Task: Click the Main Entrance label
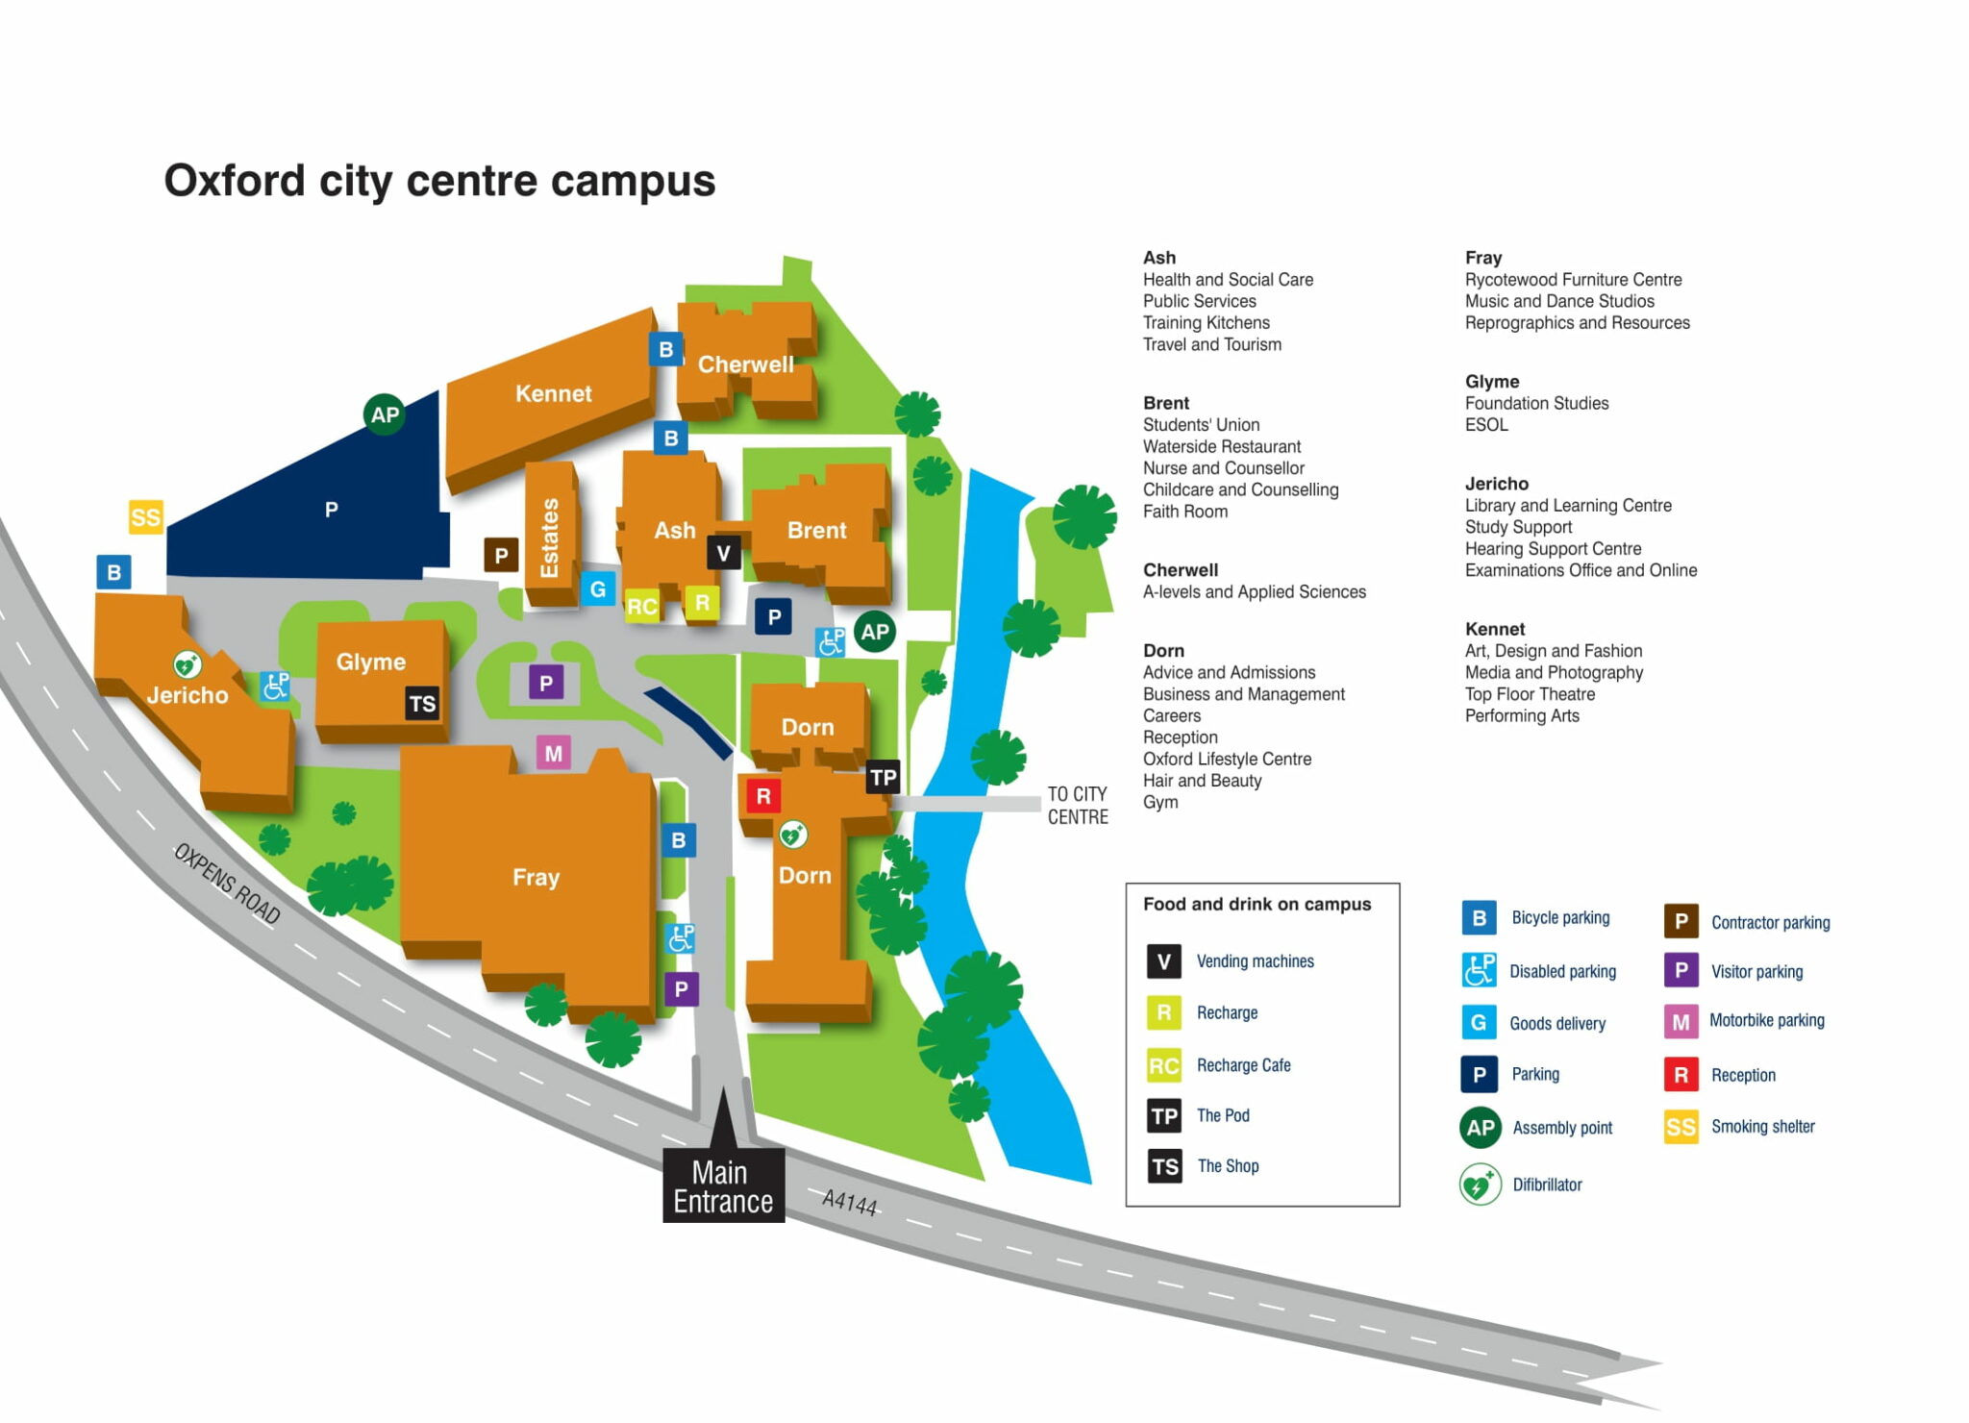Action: (723, 1186)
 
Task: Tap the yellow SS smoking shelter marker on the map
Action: (146, 517)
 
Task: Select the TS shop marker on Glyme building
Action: (422, 703)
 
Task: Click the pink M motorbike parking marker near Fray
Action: (553, 753)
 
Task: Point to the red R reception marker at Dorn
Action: (763, 796)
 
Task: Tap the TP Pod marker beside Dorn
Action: (883, 777)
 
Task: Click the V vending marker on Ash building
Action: (723, 553)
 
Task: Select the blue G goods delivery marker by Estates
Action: (597, 588)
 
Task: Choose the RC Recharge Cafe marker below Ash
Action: (641, 606)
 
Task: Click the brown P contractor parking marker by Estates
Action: (501, 555)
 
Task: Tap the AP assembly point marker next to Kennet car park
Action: (385, 414)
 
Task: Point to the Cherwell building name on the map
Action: (745, 364)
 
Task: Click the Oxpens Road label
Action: (227, 883)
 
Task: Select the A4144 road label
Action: (849, 1202)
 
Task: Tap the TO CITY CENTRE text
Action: (1077, 805)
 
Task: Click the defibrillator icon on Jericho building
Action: (187, 663)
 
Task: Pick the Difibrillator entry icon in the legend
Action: (1480, 1185)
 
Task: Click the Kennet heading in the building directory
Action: (1494, 629)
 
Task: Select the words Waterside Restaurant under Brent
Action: (1221, 446)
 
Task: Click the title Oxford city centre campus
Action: (439, 181)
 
